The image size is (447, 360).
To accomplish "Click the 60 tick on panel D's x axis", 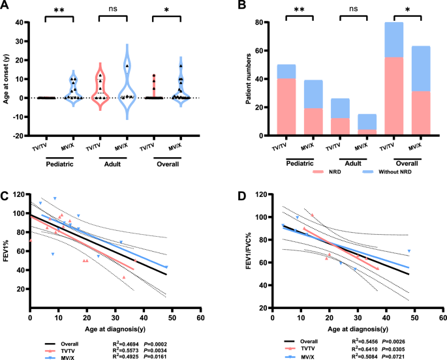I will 442,318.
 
